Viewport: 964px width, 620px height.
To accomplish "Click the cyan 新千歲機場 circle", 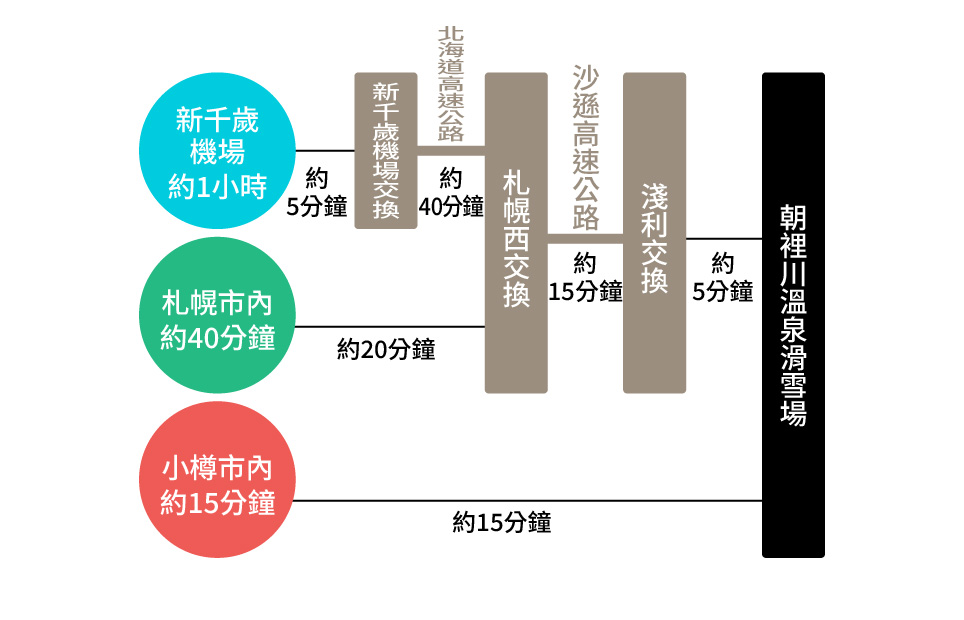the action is [x=218, y=151].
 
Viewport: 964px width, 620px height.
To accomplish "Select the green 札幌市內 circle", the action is [x=218, y=315].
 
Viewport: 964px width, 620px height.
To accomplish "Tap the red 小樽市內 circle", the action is [x=218, y=480].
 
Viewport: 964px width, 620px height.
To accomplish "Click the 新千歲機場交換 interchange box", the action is [x=386, y=151].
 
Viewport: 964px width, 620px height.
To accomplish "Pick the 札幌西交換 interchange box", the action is [x=516, y=232].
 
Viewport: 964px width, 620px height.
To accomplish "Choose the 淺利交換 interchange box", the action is [x=654, y=232].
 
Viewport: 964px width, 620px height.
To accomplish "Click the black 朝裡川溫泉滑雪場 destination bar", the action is [x=793, y=315].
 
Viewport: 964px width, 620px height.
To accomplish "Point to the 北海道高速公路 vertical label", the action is [x=451, y=84].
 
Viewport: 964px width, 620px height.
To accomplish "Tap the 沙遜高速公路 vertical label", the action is [x=586, y=148].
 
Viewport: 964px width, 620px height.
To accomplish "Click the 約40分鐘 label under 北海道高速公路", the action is [x=451, y=193].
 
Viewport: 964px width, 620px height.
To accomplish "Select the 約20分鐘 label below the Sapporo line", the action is [x=386, y=350].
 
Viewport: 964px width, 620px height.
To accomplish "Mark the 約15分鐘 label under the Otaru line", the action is [x=502, y=523].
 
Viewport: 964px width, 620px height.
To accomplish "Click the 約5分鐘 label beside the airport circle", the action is [x=317, y=193].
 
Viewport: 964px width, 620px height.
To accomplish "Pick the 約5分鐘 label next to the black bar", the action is [x=723, y=277].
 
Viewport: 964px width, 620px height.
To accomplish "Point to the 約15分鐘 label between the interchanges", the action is [x=585, y=277].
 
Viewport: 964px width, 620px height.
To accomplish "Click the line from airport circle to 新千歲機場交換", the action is [x=325, y=151].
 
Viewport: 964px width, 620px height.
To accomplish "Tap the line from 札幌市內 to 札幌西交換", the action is [x=390, y=327].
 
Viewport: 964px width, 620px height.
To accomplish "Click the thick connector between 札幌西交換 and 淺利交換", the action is [x=585, y=239].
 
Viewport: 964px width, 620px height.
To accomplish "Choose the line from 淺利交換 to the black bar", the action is [x=724, y=239].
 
